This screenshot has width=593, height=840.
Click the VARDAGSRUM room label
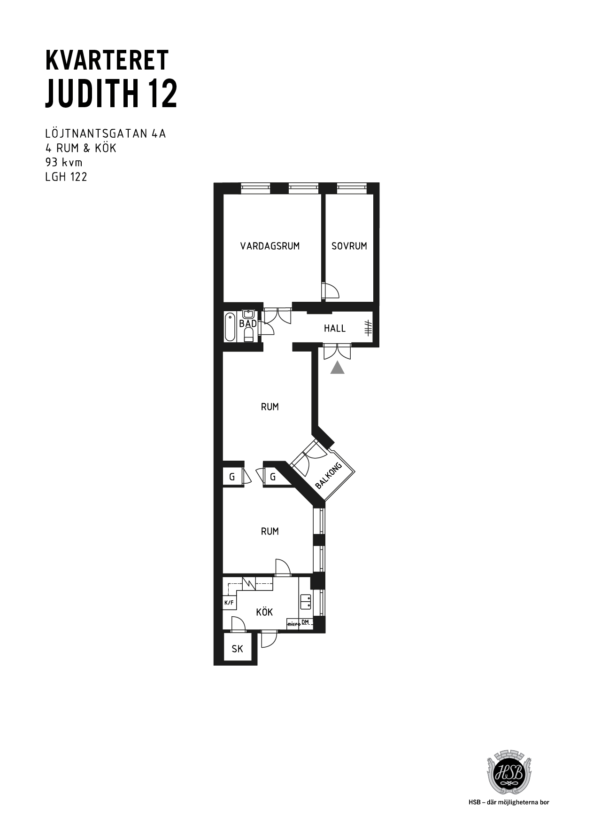[270, 246]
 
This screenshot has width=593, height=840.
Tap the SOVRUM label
[349, 246]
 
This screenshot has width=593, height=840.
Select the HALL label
[335, 328]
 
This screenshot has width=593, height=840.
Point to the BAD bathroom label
[248, 324]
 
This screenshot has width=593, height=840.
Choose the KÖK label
[264, 612]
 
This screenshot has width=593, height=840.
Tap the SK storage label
[238, 649]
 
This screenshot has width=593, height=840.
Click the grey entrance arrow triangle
[337, 368]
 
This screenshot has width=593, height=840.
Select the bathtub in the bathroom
[230, 327]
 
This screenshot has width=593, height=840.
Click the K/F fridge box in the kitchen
[229, 603]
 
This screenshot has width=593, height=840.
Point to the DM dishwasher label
[305, 622]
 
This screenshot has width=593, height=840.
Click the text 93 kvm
[63, 163]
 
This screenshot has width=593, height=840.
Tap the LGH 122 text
[66, 177]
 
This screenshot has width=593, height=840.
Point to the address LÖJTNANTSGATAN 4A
[106, 133]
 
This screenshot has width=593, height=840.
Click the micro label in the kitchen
[293, 624]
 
